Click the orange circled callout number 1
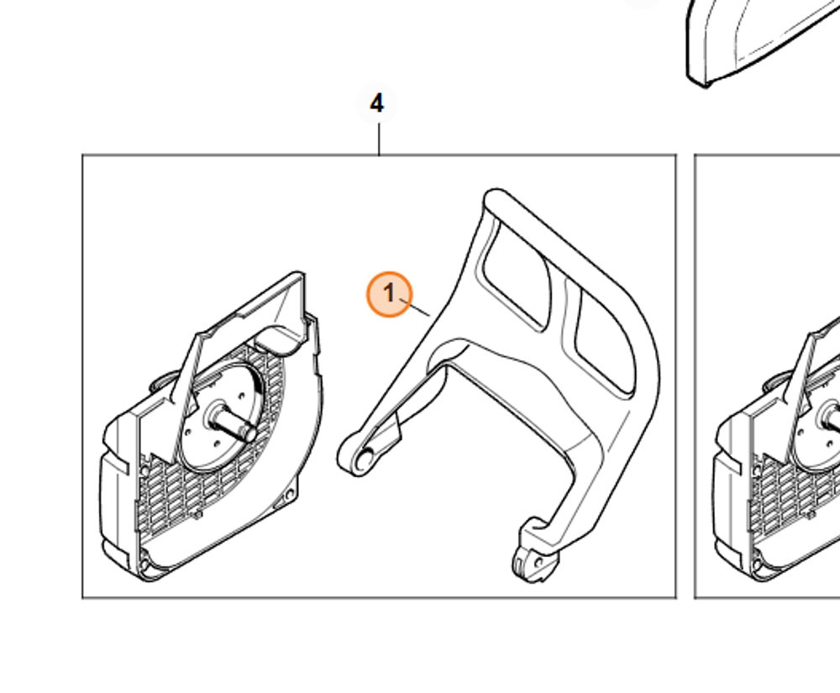[389, 294]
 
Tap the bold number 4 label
[377, 104]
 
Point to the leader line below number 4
[379, 139]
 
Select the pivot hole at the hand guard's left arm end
[365, 460]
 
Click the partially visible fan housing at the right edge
[781, 470]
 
